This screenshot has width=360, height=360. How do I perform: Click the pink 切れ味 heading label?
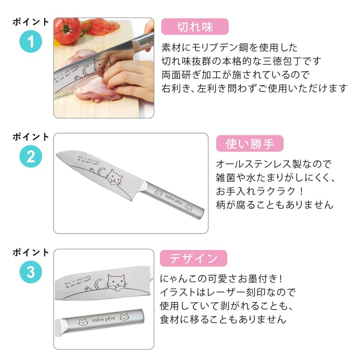(x=195, y=27)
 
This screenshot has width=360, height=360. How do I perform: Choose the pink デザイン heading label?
(x=194, y=258)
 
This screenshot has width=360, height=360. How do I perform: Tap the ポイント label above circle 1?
(x=31, y=22)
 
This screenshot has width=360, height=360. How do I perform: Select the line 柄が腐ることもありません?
(x=275, y=205)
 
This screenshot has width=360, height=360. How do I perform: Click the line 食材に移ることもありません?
(x=223, y=319)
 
